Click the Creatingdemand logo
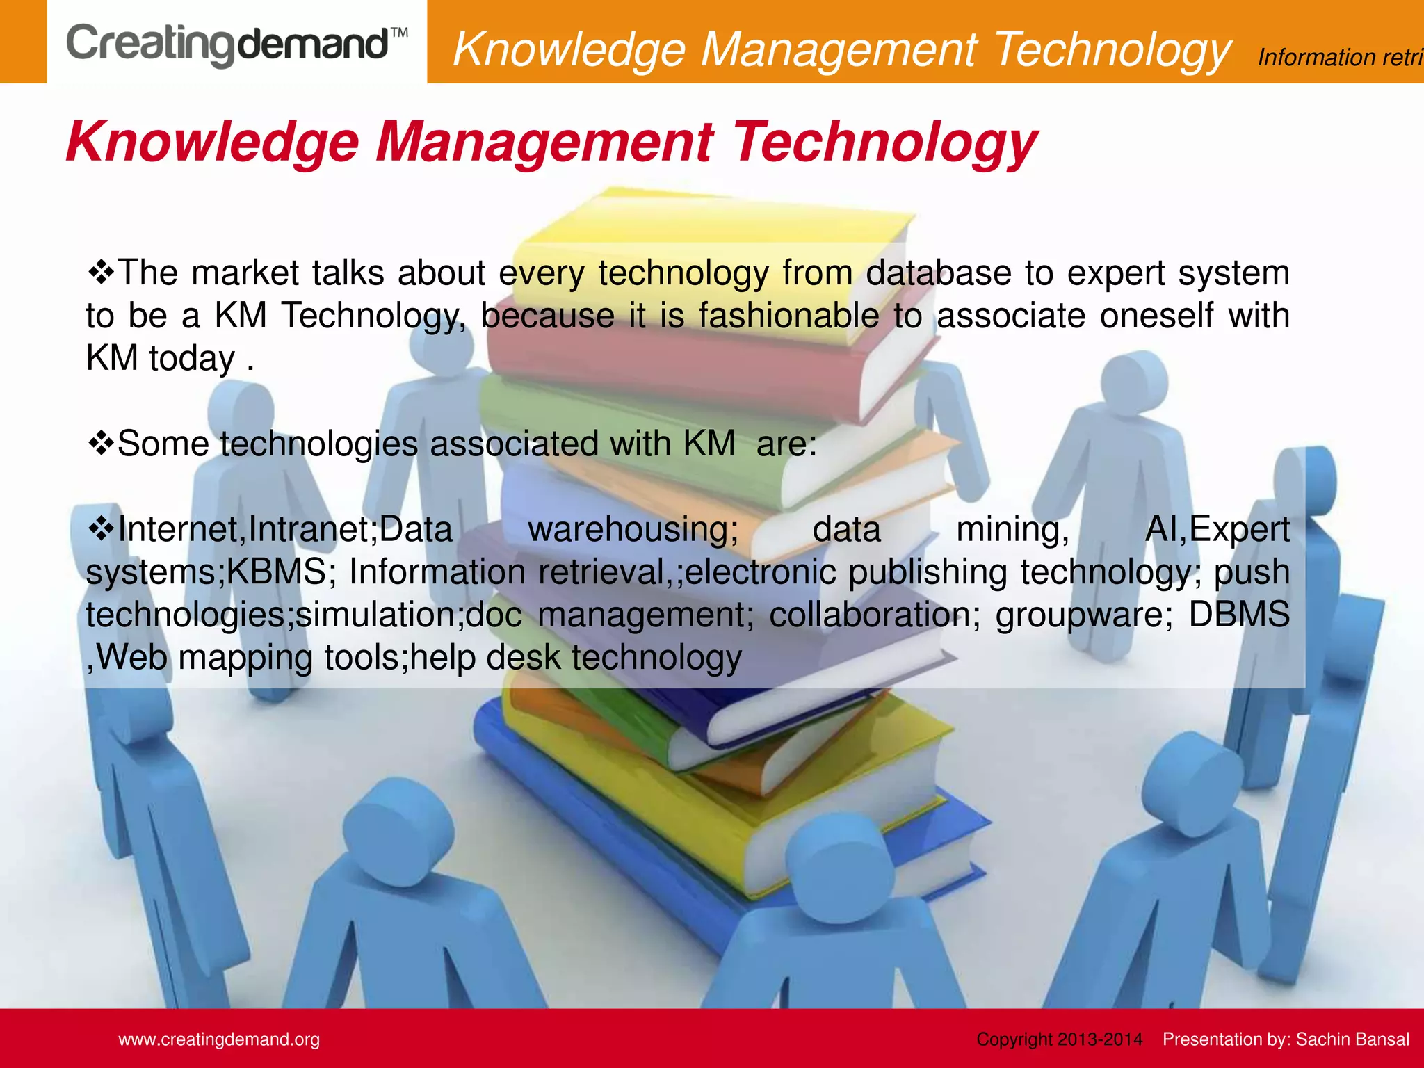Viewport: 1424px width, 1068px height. tap(227, 44)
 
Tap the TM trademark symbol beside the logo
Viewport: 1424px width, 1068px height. tap(398, 33)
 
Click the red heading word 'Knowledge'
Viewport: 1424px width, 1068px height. tap(212, 142)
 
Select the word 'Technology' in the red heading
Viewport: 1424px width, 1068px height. tap(884, 142)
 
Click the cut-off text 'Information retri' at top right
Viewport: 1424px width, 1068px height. tap(1340, 57)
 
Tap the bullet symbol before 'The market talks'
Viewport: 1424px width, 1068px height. tap(101, 271)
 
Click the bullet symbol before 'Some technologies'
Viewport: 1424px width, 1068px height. tap(101, 443)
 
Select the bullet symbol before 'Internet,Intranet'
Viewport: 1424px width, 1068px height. tap(101, 528)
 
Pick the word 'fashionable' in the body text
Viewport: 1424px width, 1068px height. tap(789, 316)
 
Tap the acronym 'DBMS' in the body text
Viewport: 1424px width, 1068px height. tap(1238, 615)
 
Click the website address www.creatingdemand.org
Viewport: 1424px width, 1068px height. tap(219, 1039)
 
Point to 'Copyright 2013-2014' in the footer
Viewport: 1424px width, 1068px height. tap(1059, 1039)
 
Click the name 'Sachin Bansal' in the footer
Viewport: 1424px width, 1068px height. tap(1352, 1039)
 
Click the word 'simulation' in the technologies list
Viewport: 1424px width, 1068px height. tap(380, 615)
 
